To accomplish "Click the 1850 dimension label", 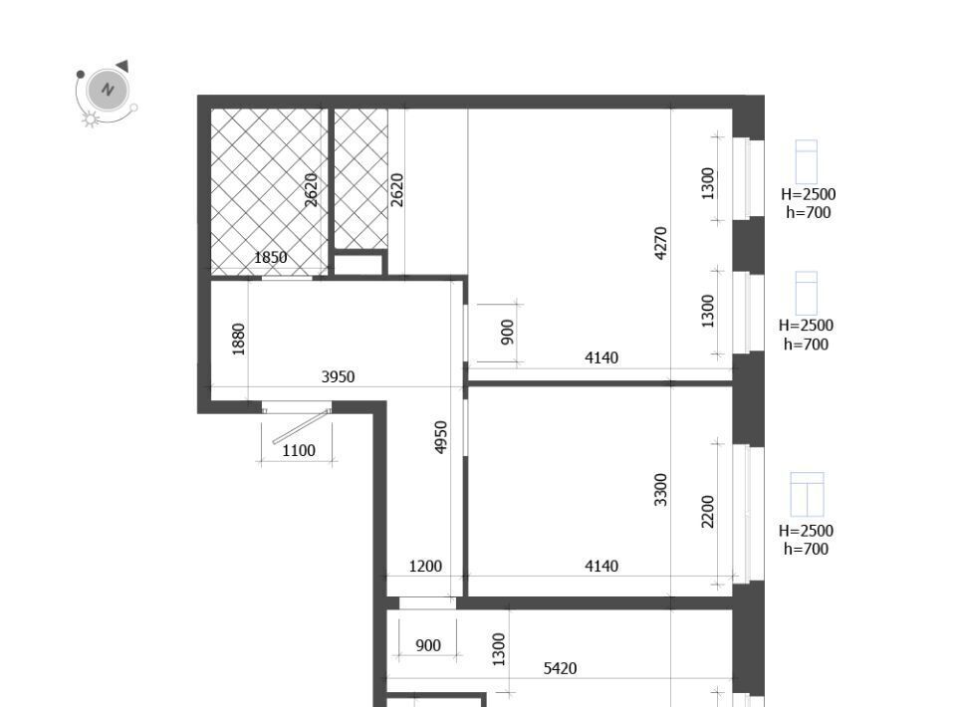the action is [x=270, y=257].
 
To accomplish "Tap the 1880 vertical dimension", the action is [x=238, y=339].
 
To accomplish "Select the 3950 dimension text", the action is [x=338, y=376].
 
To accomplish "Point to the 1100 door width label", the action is [x=299, y=450].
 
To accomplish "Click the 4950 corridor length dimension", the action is [x=441, y=437].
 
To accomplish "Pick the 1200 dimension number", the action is [x=425, y=567].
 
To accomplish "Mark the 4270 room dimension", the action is [x=661, y=243].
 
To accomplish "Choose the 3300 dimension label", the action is [x=661, y=490].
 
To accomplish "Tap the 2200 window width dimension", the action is [x=707, y=512].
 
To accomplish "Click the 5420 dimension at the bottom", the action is [x=560, y=668].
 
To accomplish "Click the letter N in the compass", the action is [x=108, y=90].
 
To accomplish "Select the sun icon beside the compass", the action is [x=91, y=118].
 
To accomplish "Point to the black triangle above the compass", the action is [x=122, y=65].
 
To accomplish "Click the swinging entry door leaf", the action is [x=301, y=426].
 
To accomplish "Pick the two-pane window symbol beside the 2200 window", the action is [x=807, y=494].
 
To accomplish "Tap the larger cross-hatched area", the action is [x=269, y=191].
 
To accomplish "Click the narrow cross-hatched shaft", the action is [x=360, y=178].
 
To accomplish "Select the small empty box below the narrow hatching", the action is [x=358, y=265].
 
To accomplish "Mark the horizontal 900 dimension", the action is [x=427, y=645].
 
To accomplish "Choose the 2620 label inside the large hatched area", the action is [x=311, y=190].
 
